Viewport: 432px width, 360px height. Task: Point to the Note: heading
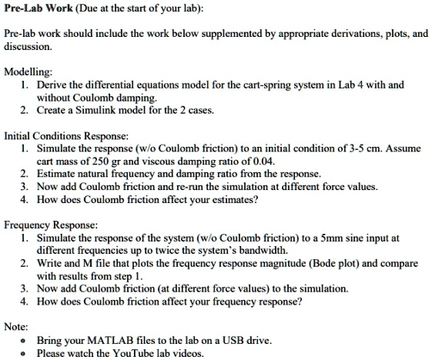pyautogui.click(x=16, y=326)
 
